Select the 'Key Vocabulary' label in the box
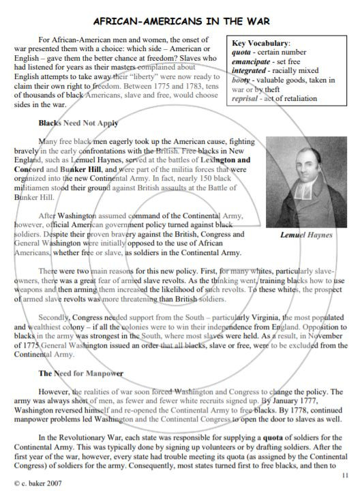[261, 42]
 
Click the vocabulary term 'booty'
[243, 80]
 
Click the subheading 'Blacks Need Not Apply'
[78, 123]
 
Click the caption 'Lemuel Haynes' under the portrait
[307, 235]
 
